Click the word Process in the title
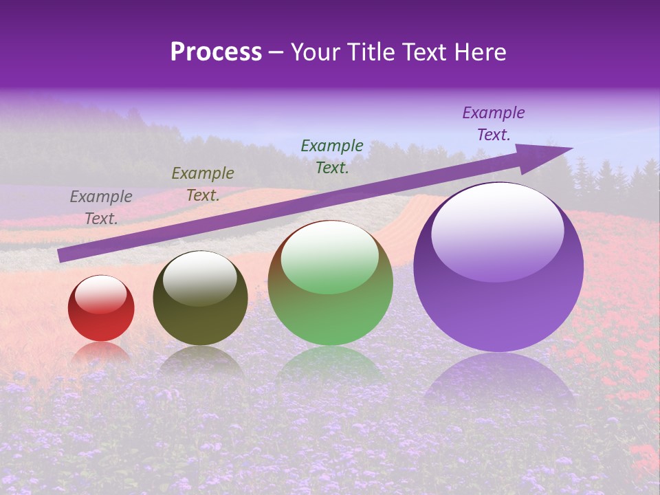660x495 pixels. click(x=216, y=52)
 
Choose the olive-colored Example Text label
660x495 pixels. click(x=203, y=184)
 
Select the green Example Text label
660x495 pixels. click(x=332, y=156)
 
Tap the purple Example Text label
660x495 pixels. click(x=493, y=124)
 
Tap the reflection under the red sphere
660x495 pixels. click(x=101, y=352)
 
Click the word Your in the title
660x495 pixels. click(x=315, y=52)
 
